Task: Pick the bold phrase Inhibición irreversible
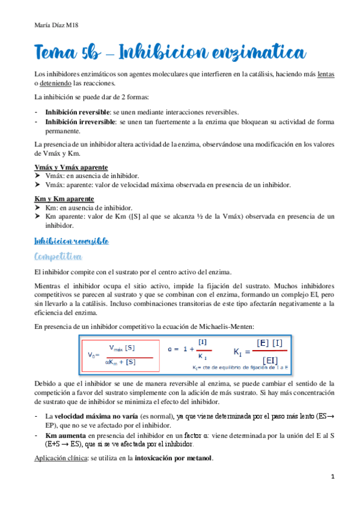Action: pyautogui.click(x=80, y=121)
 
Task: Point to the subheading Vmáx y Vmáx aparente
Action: pyautogui.click(x=71, y=167)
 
